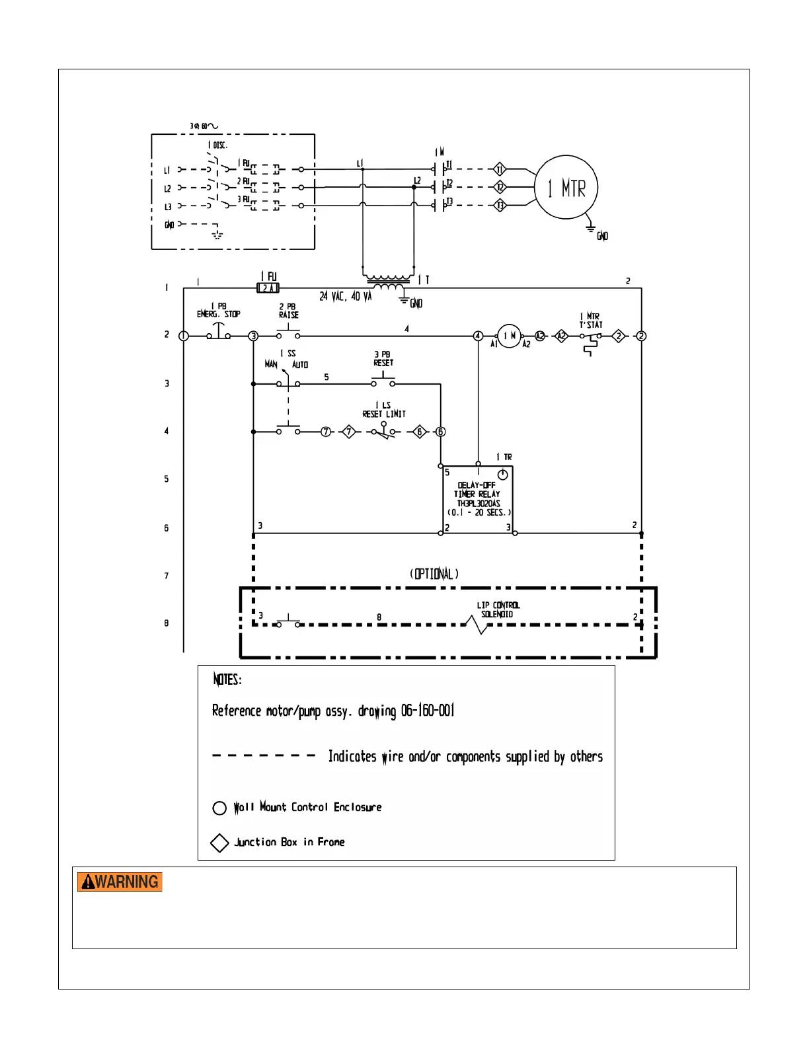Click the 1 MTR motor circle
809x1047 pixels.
point(566,188)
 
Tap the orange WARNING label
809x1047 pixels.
point(120,882)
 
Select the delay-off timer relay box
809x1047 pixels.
point(477,499)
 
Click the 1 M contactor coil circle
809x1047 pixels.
point(509,336)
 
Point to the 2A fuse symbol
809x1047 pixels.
point(268,288)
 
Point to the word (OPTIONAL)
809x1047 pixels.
point(434,574)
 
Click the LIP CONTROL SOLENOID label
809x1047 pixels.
point(498,609)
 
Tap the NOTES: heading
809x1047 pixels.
point(227,679)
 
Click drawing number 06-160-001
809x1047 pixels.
point(428,711)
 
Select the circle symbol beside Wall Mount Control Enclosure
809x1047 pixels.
point(219,808)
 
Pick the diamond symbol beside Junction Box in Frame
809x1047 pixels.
point(219,843)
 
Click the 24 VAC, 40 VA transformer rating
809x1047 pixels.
point(345,297)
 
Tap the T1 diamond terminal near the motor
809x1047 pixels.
point(500,169)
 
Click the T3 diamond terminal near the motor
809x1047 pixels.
point(500,206)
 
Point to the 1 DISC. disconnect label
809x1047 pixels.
point(217,145)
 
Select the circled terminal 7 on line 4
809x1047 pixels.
point(326,432)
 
